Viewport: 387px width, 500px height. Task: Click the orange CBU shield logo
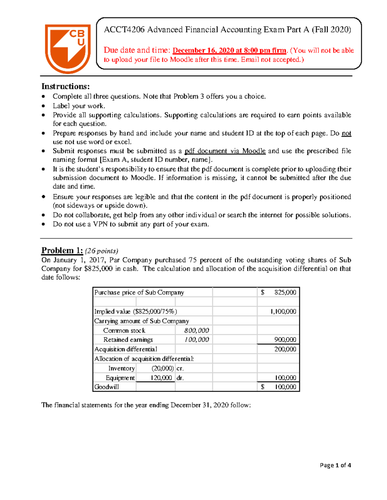(67, 48)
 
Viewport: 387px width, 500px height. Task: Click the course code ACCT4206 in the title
(124, 30)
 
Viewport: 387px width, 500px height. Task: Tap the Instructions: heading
(65, 86)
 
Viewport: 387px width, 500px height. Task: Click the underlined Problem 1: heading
(62, 250)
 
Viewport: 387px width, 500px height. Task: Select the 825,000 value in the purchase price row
(285, 292)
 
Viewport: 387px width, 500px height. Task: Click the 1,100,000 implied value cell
(283, 311)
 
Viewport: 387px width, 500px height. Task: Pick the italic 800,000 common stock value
(196, 330)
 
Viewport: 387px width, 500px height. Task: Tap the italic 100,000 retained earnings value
(196, 340)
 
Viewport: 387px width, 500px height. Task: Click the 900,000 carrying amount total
(285, 340)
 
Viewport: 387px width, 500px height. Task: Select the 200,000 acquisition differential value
(285, 349)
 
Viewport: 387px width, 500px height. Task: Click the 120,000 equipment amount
(161, 378)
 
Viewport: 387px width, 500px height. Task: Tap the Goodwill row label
(106, 387)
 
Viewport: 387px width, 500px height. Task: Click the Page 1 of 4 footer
(335, 465)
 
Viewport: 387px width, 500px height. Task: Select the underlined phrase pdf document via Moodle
(225, 151)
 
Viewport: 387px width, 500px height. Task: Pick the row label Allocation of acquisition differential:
(144, 359)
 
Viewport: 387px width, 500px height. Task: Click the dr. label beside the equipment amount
(180, 378)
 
